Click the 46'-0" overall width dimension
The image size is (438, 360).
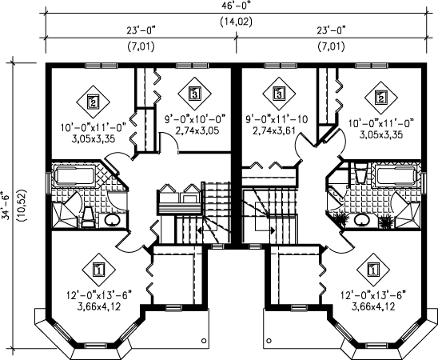tap(236, 6)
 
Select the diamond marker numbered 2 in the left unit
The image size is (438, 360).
tap(93, 102)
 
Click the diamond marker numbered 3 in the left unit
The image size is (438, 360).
tap(194, 93)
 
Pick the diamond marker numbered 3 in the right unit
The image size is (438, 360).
tap(278, 93)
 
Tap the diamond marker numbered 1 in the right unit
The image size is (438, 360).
tap(372, 270)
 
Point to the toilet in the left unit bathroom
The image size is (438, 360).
tap(89, 217)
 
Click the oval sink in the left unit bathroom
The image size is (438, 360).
tap(112, 220)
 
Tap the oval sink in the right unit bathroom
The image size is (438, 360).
tap(362, 220)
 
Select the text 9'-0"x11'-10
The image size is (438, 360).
tap(277, 120)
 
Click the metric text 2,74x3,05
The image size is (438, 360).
tap(197, 130)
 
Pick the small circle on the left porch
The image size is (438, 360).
tap(204, 341)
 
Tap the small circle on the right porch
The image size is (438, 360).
tap(269, 341)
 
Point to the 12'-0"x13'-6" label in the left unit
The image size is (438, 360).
tap(99, 294)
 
